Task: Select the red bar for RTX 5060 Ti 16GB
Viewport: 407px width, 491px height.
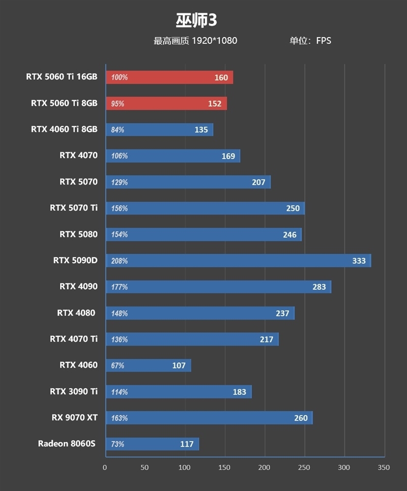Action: (169, 77)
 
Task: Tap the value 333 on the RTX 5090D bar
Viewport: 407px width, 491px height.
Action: (359, 261)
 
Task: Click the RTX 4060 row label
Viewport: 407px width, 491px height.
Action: (78, 365)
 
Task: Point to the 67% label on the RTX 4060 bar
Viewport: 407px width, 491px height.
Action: (118, 365)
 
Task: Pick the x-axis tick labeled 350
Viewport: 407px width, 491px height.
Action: (384, 467)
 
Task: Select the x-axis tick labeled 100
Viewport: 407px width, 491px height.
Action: (185, 467)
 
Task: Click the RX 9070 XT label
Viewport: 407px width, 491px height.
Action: (74, 417)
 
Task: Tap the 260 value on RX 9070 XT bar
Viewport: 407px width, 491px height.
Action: (301, 418)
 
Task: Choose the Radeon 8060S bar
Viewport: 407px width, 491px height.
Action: (152, 444)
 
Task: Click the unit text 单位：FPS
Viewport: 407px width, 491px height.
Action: (310, 41)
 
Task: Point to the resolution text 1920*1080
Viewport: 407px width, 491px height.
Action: (214, 41)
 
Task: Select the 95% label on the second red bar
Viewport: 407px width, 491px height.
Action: (118, 104)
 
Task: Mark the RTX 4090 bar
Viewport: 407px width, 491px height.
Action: (218, 287)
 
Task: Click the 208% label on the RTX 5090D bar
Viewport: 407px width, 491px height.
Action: (119, 261)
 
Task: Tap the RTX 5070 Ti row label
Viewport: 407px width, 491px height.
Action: (74, 207)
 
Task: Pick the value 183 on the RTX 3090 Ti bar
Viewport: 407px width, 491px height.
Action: (239, 392)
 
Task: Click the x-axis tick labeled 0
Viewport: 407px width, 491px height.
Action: (105, 467)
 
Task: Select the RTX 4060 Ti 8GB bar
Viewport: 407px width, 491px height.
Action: (159, 130)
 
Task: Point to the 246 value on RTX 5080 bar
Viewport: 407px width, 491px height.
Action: (289, 234)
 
